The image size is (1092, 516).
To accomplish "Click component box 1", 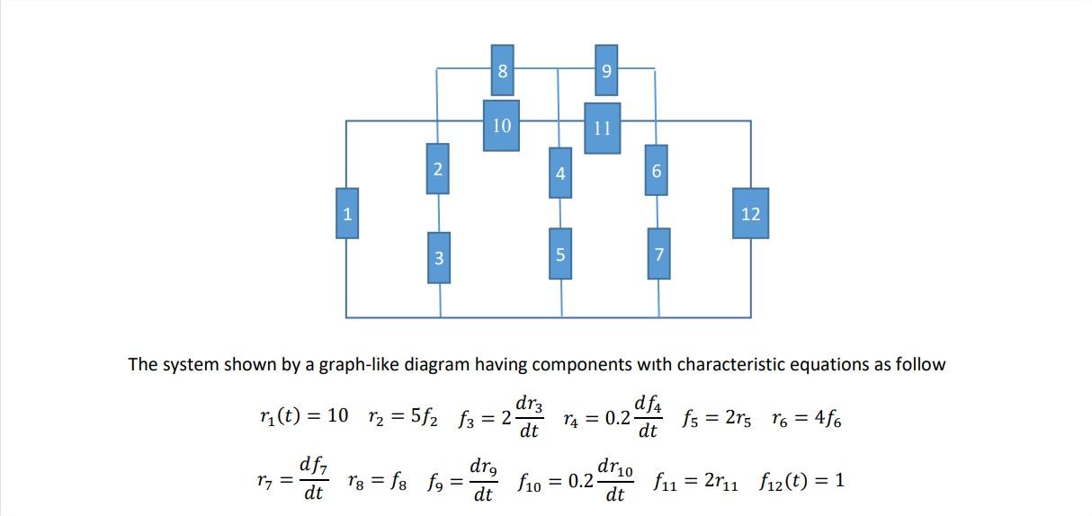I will click(x=347, y=213).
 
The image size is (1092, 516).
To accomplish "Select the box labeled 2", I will click(x=437, y=168).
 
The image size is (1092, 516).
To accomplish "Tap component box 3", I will click(x=438, y=257).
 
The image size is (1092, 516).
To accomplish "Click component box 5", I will click(x=560, y=254).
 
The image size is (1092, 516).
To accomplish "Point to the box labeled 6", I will click(x=657, y=170).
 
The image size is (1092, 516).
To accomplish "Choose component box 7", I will click(x=658, y=254).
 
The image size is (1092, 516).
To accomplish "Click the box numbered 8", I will click(x=503, y=70).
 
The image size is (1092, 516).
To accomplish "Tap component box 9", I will click(x=606, y=70).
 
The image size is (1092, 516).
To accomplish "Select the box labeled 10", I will click(x=501, y=125).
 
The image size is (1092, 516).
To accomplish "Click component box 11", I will click(x=603, y=128).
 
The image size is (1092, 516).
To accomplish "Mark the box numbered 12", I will click(x=750, y=213).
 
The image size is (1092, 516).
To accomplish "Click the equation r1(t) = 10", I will click(x=301, y=417).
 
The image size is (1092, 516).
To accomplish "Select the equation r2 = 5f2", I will click(x=402, y=417).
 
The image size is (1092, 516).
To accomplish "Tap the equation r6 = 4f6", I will click(x=807, y=417).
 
